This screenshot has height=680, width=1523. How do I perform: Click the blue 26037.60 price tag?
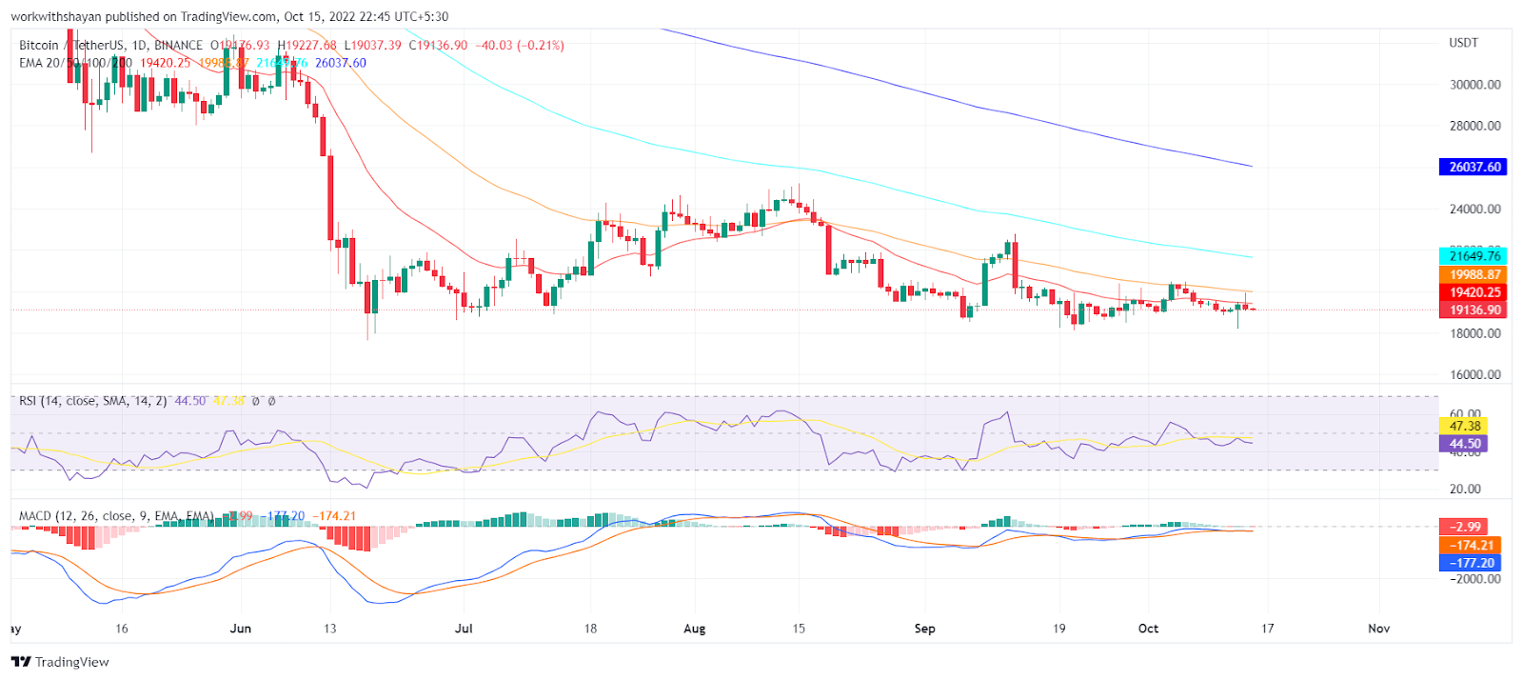pos(1474,167)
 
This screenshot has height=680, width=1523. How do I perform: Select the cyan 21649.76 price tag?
pos(1474,256)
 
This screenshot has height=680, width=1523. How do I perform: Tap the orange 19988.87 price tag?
pos(1474,274)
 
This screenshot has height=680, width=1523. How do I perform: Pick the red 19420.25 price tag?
pos(1474,292)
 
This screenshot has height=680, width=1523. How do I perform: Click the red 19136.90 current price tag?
pos(1474,310)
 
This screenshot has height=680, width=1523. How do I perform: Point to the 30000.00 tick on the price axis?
pos(1474,85)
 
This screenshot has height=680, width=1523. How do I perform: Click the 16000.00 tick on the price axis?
pos(1474,375)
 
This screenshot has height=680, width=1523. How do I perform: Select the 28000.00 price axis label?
pos(1474,126)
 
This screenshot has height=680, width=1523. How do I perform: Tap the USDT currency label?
pos(1463,43)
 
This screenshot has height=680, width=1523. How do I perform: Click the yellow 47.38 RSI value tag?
pos(1465,426)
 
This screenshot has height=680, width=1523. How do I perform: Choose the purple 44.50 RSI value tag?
pos(1465,444)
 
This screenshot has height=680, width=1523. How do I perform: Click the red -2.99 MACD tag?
pos(1465,527)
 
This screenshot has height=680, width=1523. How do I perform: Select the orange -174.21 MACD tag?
pos(1471,545)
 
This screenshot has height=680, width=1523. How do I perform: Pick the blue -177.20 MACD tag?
pos(1471,563)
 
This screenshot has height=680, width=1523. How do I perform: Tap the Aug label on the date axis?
pos(695,629)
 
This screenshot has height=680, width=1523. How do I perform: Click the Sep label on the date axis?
pos(924,629)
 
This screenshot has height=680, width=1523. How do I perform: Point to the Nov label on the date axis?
pos(1378,629)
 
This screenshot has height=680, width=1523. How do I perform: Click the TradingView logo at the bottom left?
pos(61,662)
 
